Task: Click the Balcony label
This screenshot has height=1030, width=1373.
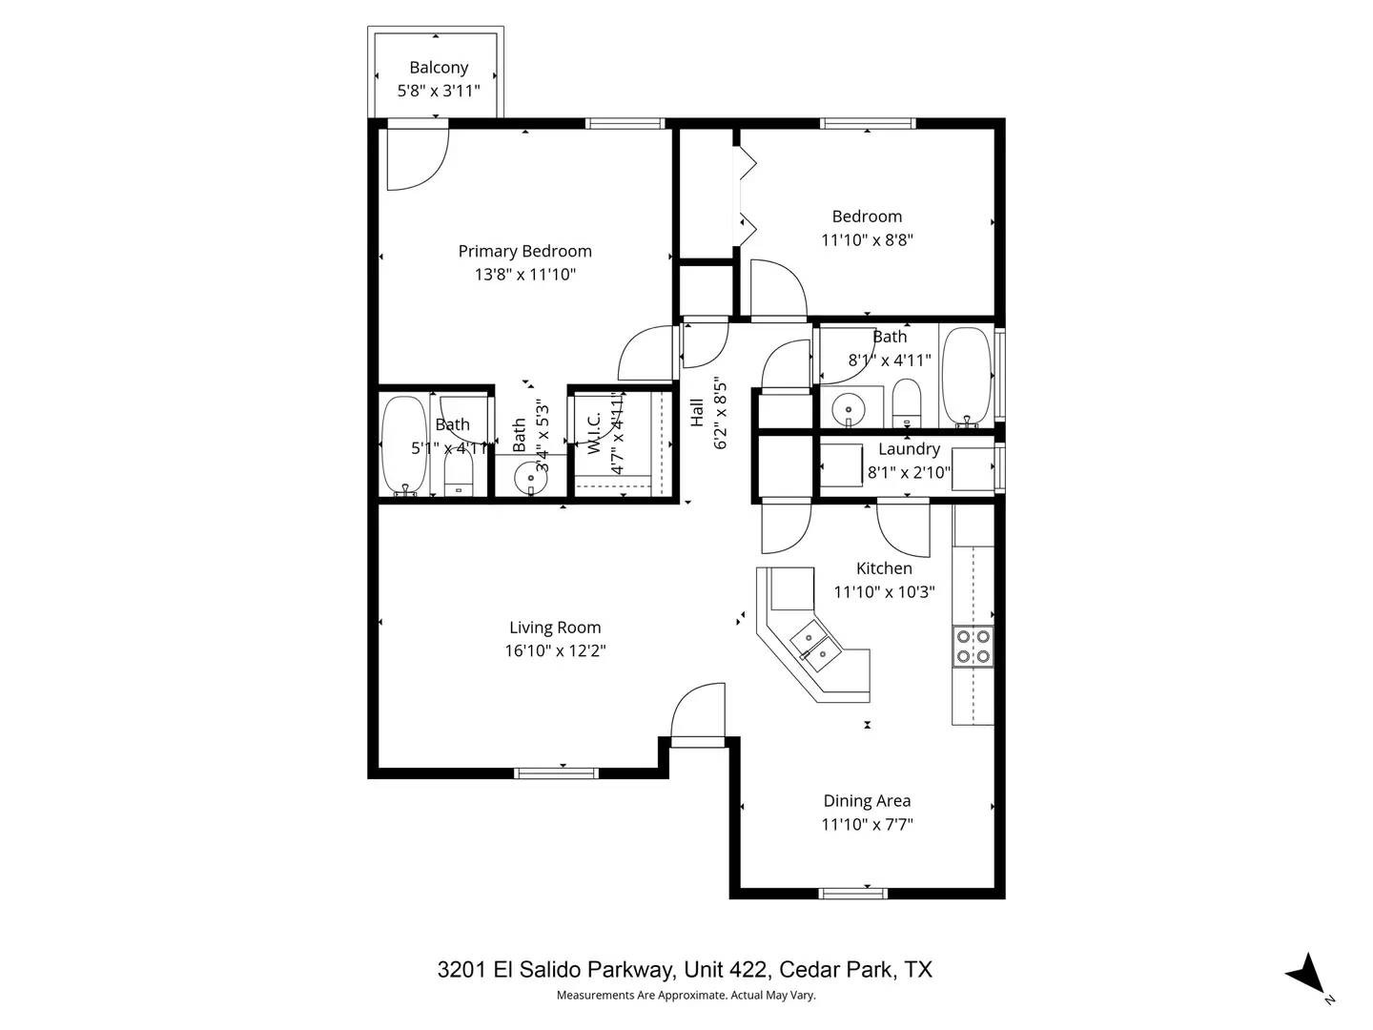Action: [x=439, y=68]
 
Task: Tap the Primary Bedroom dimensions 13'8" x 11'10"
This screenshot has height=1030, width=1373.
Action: [x=525, y=275]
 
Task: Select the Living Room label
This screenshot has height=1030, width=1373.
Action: [x=555, y=628]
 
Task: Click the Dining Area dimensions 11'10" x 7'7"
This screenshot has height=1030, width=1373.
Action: [x=867, y=825]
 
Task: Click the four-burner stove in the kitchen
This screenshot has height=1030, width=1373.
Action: [x=973, y=647]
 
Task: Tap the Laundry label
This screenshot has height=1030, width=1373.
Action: [x=909, y=449]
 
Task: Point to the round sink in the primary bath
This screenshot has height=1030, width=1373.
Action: [x=531, y=477]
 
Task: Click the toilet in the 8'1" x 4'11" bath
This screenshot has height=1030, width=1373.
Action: [x=907, y=402]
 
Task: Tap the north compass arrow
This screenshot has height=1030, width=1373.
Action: [x=1306, y=976]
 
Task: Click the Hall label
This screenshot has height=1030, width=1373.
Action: [x=697, y=412]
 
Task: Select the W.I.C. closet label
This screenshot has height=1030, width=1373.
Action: [x=594, y=432]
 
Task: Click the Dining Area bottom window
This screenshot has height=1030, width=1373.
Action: [x=853, y=894]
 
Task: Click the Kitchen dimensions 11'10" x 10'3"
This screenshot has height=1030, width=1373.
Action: [x=884, y=592]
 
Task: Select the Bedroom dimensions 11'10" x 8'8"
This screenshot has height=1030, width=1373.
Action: [x=867, y=240]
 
